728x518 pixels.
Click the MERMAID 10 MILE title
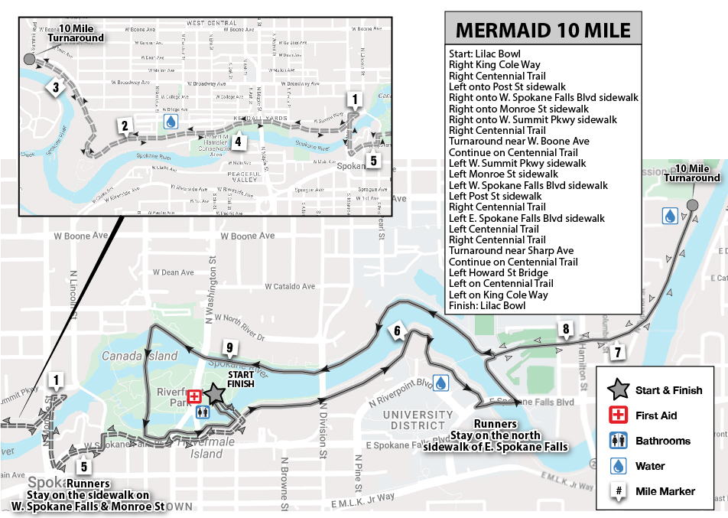click(x=543, y=31)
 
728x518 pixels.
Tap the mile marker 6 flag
click(x=398, y=331)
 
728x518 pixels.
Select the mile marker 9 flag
click(x=229, y=349)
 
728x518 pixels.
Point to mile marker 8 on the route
click(x=566, y=331)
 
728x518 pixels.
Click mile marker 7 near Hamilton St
click(x=618, y=352)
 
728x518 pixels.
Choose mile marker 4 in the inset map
click(x=239, y=141)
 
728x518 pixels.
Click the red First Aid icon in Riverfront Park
click(x=194, y=396)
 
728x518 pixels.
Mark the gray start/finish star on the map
click(x=214, y=393)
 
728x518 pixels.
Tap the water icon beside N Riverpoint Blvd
click(x=441, y=382)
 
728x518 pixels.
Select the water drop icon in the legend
click(x=614, y=466)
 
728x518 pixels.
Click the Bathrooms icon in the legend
click(x=614, y=441)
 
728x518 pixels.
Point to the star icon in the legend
click(x=614, y=390)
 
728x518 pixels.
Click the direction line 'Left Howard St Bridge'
click(x=499, y=272)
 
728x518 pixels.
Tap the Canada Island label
click(x=140, y=356)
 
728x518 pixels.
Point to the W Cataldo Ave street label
click(x=290, y=287)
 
